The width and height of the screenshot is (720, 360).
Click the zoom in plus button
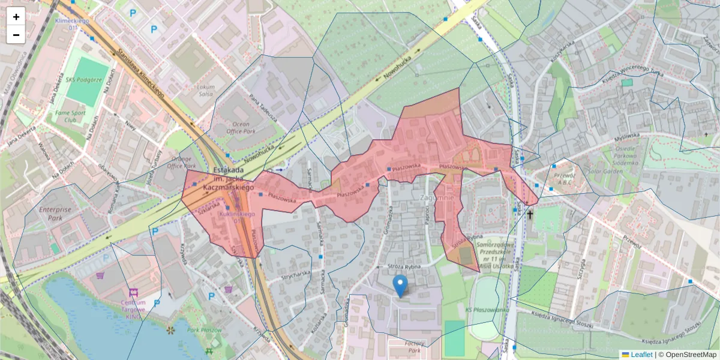16,17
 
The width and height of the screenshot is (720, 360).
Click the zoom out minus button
16,35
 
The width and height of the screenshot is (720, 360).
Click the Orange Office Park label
182,162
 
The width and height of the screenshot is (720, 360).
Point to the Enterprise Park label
55,214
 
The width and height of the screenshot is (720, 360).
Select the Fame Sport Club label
70,116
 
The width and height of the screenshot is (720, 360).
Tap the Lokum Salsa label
205,91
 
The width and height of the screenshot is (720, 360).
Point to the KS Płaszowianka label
483,310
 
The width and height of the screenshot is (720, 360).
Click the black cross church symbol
530,214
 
